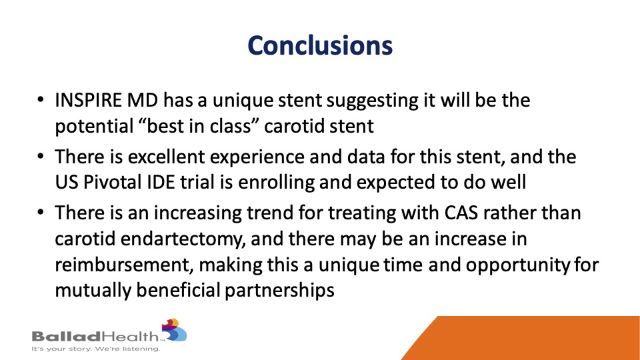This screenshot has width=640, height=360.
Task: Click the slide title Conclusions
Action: [x=320, y=45]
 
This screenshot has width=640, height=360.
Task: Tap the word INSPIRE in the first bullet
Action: [x=88, y=101]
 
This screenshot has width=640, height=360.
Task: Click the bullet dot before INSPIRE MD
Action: [x=40, y=100]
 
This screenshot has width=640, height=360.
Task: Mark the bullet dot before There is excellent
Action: [x=40, y=156]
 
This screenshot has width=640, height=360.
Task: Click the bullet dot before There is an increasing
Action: [x=40, y=213]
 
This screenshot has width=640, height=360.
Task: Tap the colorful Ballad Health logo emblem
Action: [x=174, y=330]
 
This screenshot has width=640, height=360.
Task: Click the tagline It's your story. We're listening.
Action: [x=96, y=349]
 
